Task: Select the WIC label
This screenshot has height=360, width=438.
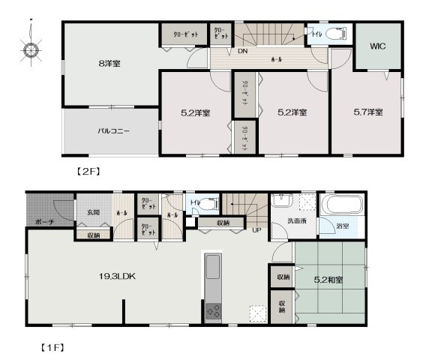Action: point(378,46)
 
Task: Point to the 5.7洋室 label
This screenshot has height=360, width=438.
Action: point(368,112)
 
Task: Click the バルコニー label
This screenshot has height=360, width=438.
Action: point(113,130)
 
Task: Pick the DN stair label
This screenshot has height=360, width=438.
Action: point(243,52)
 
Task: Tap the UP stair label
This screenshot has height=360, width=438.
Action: point(256,230)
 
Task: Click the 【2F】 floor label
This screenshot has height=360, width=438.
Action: point(88,171)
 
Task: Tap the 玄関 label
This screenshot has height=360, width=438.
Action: point(92,213)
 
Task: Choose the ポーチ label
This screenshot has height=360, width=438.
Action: point(45,223)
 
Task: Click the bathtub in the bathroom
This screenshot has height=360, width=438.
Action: point(341,205)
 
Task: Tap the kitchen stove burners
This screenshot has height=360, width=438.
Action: point(212,309)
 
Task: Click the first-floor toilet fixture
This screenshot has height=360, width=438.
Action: point(208,202)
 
